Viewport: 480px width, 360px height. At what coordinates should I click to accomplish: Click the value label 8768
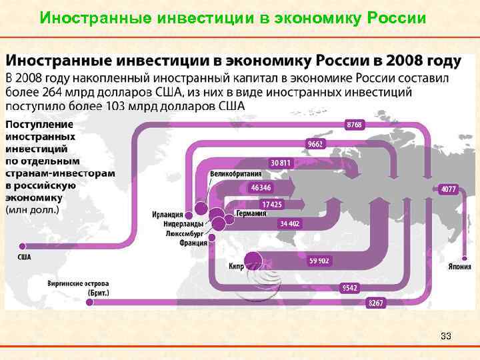pyautogui.click(x=355, y=125)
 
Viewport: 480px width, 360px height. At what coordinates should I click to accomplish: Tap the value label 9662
pyautogui.click(x=314, y=144)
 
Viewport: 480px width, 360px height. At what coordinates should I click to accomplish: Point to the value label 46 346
pyautogui.click(x=261, y=188)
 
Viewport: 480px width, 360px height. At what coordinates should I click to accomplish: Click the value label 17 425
pyautogui.click(x=271, y=204)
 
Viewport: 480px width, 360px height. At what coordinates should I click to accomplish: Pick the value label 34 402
pyautogui.click(x=290, y=223)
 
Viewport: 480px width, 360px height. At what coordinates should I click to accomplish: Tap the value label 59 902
pyautogui.click(x=319, y=261)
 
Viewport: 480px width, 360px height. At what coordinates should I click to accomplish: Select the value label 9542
pyautogui.click(x=350, y=288)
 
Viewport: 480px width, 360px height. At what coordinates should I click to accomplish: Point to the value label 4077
pyautogui.click(x=449, y=189)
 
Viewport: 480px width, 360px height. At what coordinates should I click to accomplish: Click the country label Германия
pyautogui.click(x=251, y=214)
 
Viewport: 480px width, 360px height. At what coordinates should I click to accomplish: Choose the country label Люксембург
pyautogui.click(x=183, y=234)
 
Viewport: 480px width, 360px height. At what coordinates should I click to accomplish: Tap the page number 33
pyautogui.click(x=446, y=336)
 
